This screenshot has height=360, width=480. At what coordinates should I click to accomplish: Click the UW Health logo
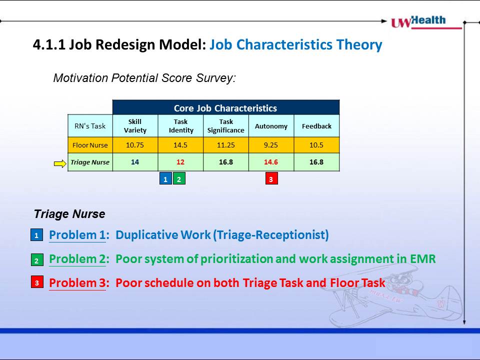tap(426, 22)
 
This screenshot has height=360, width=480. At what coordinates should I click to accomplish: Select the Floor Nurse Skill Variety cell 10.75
tap(135, 145)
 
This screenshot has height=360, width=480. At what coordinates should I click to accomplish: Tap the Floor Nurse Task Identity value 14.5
tap(180, 145)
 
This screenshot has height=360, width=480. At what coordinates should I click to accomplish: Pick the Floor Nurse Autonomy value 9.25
tap(271, 145)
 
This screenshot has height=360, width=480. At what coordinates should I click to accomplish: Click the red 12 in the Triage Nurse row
tap(180, 162)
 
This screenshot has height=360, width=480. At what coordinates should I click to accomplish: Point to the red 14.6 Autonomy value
tap(271, 162)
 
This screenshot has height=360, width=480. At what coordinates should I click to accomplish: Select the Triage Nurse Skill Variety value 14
tap(135, 162)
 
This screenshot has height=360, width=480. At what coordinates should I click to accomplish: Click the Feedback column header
tap(316, 126)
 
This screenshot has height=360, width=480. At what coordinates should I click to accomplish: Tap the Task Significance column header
tap(226, 126)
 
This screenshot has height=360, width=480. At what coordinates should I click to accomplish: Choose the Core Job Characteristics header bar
tap(226, 107)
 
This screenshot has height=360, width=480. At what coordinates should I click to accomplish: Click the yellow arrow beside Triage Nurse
tap(60, 164)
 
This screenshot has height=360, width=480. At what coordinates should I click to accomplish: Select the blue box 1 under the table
tap(165, 178)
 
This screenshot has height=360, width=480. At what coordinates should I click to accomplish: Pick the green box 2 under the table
tap(179, 178)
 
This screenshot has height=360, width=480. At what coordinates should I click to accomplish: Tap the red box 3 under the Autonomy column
tap(271, 178)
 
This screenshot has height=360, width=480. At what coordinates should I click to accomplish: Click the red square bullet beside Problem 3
tap(37, 282)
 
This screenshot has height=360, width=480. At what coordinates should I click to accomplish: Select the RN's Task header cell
tap(90, 126)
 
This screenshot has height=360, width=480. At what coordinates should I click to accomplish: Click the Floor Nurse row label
tap(90, 145)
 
